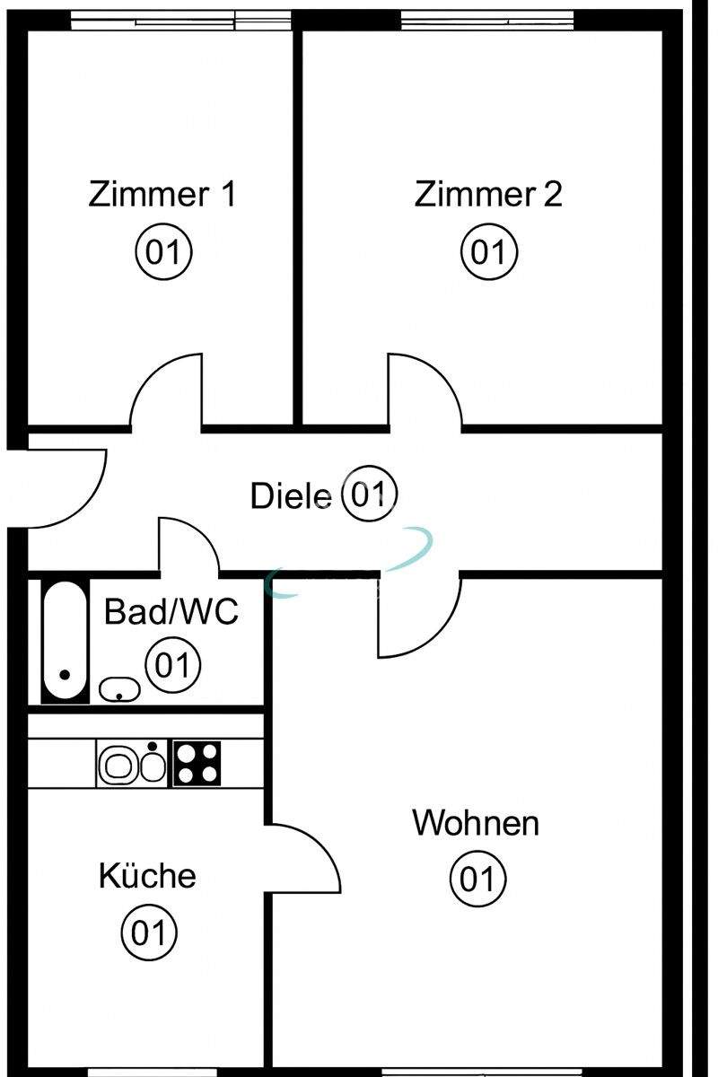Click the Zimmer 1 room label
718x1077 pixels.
coord(162,194)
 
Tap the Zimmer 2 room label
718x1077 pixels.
coord(488,194)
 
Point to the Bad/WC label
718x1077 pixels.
coord(171,612)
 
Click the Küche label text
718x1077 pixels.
coord(147,875)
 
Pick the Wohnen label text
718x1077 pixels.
coord(476,822)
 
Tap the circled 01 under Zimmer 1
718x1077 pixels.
coord(163,252)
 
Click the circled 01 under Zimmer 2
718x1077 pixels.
coord(489,252)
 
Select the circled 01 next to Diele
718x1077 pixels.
coord(369,495)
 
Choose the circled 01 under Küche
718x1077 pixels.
coord(149,933)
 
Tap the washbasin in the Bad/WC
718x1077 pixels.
coord(118,689)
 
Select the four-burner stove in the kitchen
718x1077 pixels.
coord(196,763)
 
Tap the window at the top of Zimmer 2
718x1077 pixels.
coord(487,19)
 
